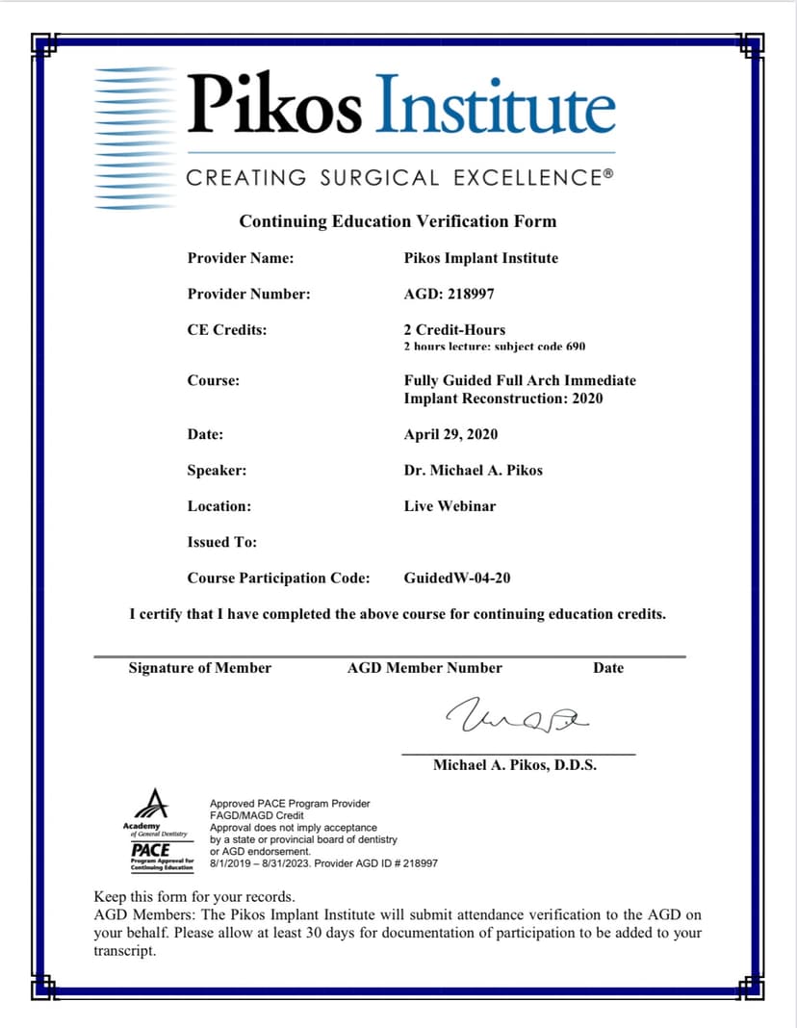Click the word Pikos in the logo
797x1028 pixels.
pos(274,104)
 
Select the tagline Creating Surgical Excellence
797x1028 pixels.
pos(399,178)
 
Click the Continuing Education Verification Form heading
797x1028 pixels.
pos(398,221)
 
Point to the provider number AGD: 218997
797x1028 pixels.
pos(449,294)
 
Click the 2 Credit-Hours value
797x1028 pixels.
pos(454,329)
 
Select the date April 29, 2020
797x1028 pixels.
pos(450,434)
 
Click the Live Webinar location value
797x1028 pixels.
pos(450,505)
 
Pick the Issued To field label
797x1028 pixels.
pos(222,542)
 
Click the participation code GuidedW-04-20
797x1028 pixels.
pos(457,578)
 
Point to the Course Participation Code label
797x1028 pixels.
pos(278,578)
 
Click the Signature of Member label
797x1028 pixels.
pos(200,668)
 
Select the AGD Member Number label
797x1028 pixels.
pos(424,668)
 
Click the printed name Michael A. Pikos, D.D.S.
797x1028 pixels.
pos(515,765)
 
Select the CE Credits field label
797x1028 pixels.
pos(227,329)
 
